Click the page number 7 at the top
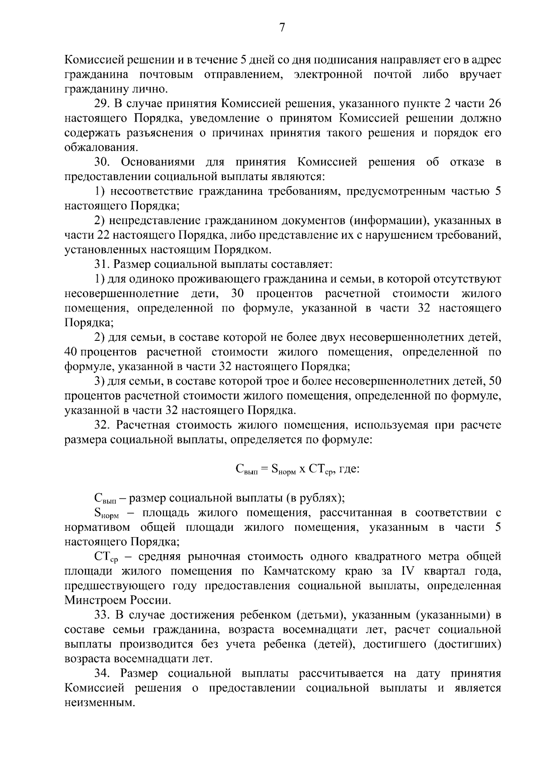[x=282, y=28]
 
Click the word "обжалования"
[x=100, y=148]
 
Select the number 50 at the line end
[x=495, y=381]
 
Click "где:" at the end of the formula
[x=348, y=469]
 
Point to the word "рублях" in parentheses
[x=320, y=498]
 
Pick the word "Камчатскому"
[x=297, y=571]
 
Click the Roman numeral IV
[x=408, y=571]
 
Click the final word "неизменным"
[x=99, y=703]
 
